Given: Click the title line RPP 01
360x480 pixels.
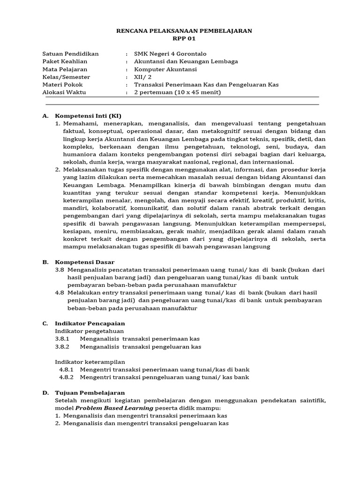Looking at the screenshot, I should point(184,38).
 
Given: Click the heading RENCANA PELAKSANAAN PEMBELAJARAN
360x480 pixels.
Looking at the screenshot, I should point(184,30).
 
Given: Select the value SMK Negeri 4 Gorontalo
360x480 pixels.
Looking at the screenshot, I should point(170,53).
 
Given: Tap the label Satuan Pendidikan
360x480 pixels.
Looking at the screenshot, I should point(70,53).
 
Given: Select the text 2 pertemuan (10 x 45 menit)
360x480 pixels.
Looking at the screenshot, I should point(177,92).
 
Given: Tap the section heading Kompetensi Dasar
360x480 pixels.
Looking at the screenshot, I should point(84,262).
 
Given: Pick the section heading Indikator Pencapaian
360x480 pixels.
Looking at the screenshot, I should point(90,323).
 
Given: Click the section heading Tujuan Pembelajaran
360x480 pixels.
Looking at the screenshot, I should point(90,392).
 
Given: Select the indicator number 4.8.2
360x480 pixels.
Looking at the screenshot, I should point(67,377).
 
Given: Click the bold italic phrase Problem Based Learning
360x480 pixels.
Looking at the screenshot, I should point(114,408).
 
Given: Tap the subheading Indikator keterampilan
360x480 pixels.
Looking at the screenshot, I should point(90,361).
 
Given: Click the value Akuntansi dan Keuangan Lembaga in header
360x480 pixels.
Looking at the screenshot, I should point(186,61).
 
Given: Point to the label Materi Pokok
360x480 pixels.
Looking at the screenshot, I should point(62,84).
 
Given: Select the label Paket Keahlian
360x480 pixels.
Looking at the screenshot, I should point(65,61).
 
